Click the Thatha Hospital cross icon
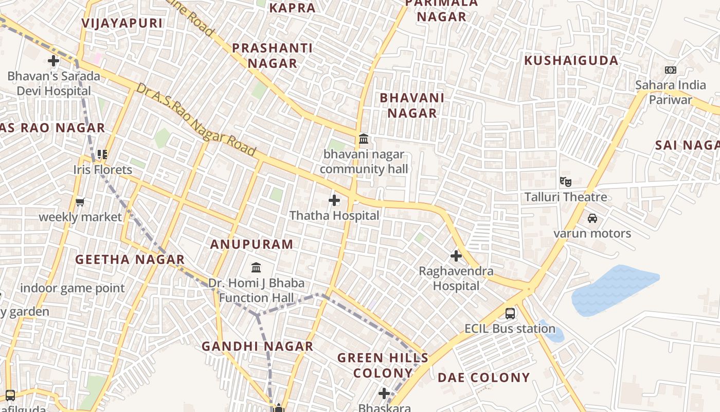(x=334, y=200)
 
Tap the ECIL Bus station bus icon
(x=510, y=313)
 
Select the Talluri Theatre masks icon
(x=566, y=181)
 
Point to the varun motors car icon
(x=592, y=218)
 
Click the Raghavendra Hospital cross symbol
(x=456, y=255)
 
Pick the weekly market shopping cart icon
(x=80, y=202)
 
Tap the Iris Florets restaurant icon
(x=102, y=154)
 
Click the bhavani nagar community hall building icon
(x=364, y=139)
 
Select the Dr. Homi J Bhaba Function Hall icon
(x=256, y=267)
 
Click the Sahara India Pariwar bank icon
(x=671, y=70)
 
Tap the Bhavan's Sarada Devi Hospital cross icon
(x=53, y=61)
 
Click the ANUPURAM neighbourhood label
(x=251, y=245)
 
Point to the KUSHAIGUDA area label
(x=571, y=61)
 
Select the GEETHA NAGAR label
(x=130, y=260)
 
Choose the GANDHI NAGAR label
(x=257, y=347)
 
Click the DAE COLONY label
(x=483, y=377)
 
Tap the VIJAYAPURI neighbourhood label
(x=122, y=23)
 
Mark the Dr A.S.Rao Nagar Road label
(x=196, y=119)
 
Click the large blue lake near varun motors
(x=614, y=290)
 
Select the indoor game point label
(x=73, y=288)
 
